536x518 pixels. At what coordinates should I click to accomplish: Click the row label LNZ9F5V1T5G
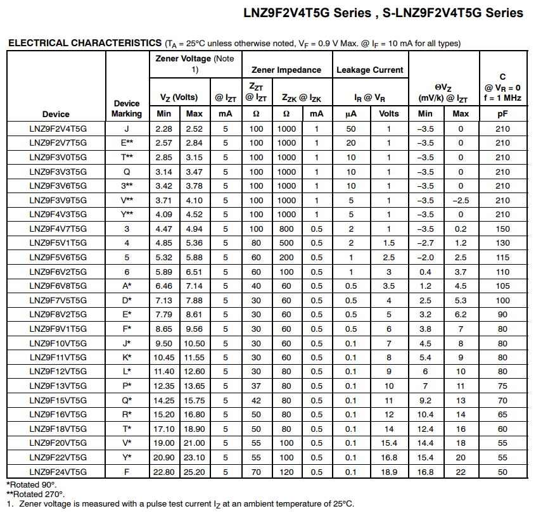pyautogui.click(x=58, y=243)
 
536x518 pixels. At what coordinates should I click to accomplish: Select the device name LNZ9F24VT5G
pyautogui.click(x=58, y=471)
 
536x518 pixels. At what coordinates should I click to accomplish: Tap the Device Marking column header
pyautogui.click(x=127, y=108)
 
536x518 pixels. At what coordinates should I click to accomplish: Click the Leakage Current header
pyautogui.click(x=370, y=70)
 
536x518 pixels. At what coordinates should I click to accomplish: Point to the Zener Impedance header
pyautogui.click(x=286, y=70)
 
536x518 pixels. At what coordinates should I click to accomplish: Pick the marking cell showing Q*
pyautogui.click(x=127, y=400)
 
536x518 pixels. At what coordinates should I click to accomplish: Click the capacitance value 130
pyautogui.click(x=502, y=243)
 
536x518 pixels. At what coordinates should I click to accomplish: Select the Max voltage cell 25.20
pyautogui.click(x=195, y=471)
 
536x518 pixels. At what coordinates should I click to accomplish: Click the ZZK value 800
pyautogui.click(x=286, y=229)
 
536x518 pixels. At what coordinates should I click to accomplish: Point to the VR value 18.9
pyautogui.click(x=389, y=471)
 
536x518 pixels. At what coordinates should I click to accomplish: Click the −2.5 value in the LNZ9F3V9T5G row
pyautogui.click(x=461, y=200)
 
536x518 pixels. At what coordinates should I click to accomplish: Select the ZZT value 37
pyautogui.click(x=256, y=386)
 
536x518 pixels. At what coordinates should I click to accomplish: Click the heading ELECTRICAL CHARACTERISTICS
pyautogui.click(x=85, y=43)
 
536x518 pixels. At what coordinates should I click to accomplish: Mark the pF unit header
pyautogui.click(x=502, y=114)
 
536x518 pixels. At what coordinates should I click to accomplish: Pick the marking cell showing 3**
pyautogui.click(x=127, y=186)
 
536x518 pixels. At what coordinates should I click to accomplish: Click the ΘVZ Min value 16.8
pyautogui.click(x=425, y=471)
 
